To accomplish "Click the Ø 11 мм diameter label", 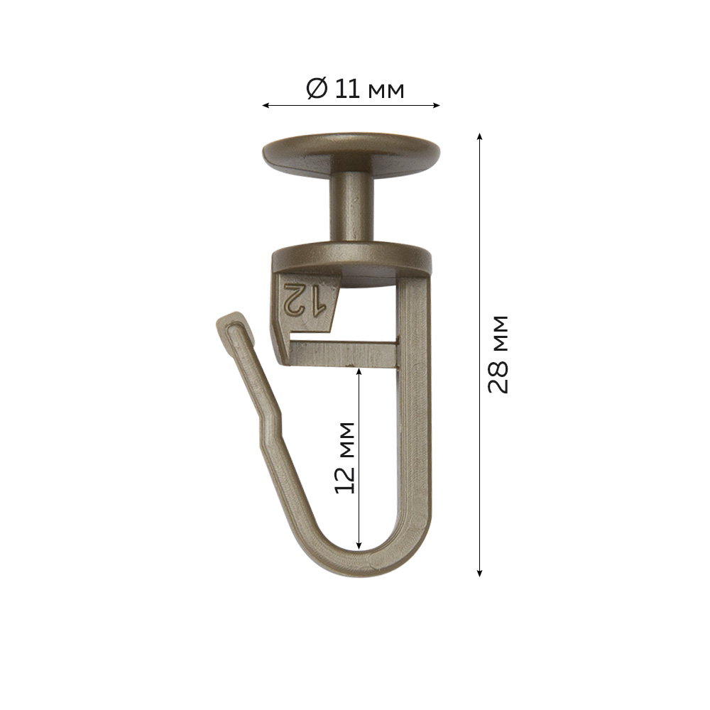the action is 355,89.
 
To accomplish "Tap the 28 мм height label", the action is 498,354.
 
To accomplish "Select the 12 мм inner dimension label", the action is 344,457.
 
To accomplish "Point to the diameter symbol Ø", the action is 317,89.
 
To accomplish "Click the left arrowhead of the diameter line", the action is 266,106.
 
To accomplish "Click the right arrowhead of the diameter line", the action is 437,106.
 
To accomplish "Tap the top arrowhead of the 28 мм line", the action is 479,137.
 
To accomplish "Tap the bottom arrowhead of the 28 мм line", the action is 479,573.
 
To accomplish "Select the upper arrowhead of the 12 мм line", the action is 359,371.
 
